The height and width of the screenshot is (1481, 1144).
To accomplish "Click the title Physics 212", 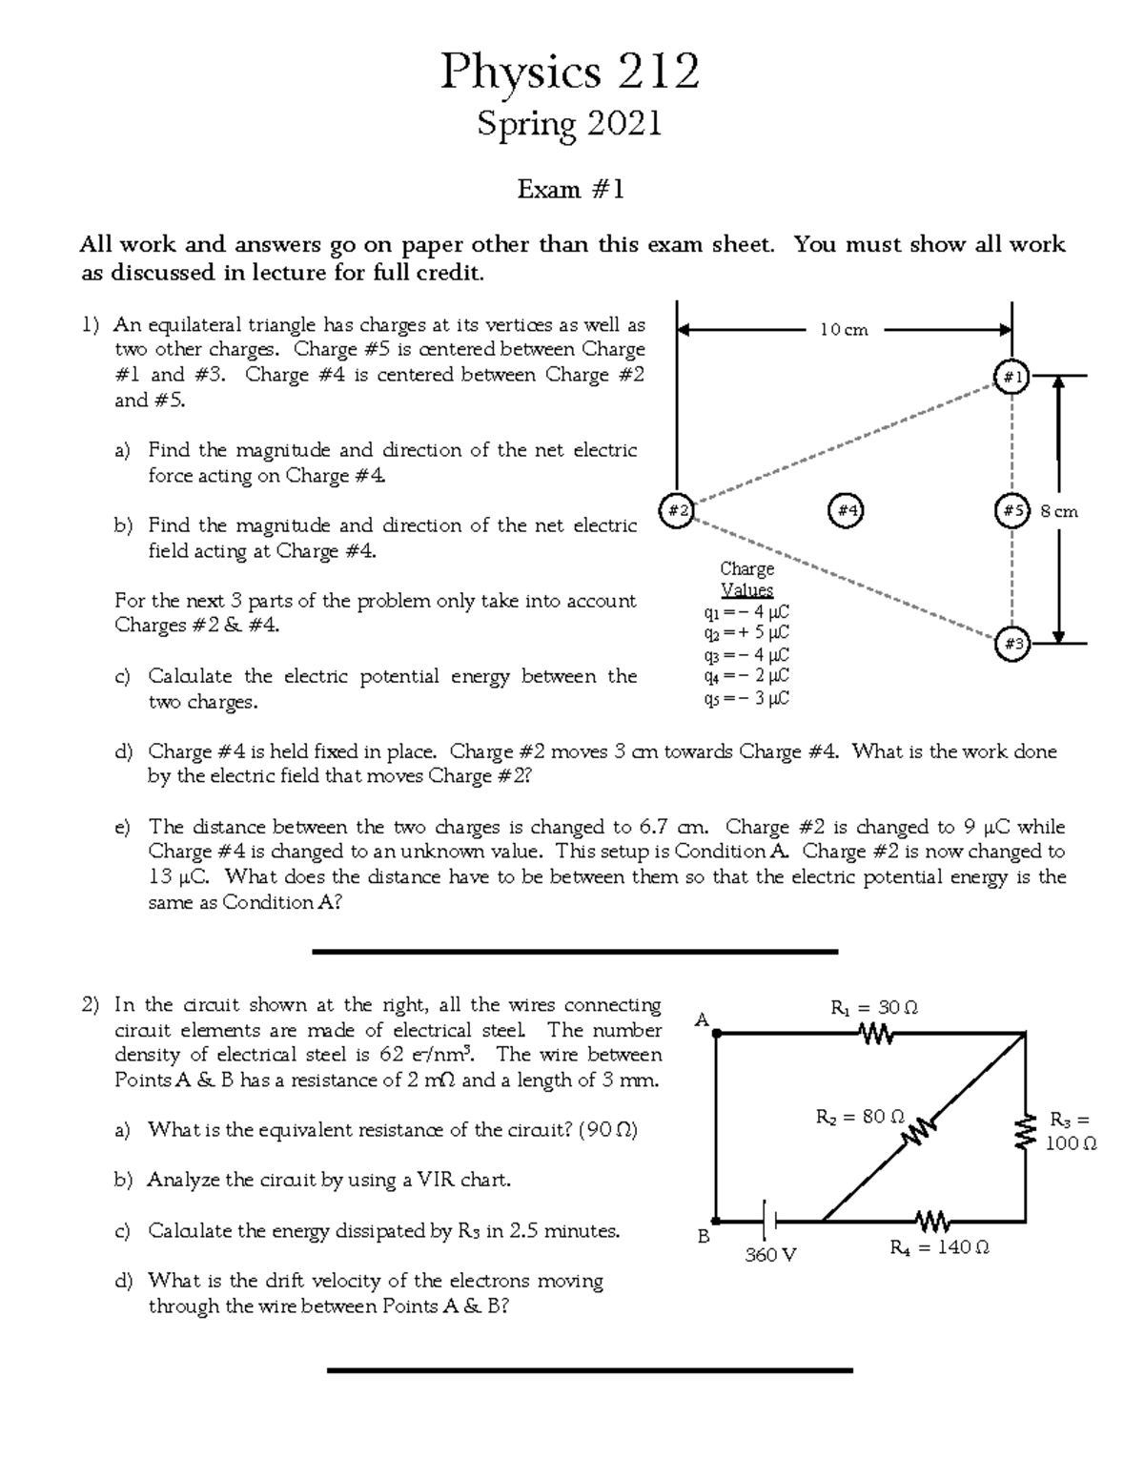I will [x=569, y=72].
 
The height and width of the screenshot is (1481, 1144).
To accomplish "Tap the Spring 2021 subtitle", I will [x=569, y=124].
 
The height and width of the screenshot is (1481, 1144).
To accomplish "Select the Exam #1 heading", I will [x=570, y=190].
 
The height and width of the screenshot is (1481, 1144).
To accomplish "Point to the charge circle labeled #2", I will [x=676, y=510].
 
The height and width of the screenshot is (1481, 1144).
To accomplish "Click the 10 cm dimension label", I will [x=844, y=330].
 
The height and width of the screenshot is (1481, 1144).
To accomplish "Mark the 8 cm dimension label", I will [x=1059, y=511].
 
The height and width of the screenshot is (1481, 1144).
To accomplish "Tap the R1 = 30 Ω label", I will [x=873, y=1008].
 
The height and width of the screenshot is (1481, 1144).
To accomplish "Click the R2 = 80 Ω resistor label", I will [x=859, y=1116].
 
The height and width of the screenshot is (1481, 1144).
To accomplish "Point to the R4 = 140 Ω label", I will [x=938, y=1246].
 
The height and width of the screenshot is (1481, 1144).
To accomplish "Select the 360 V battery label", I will [x=770, y=1254].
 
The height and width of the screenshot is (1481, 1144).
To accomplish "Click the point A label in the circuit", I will [x=703, y=1020].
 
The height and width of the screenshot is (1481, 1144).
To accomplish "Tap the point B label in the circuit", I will [x=704, y=1236].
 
